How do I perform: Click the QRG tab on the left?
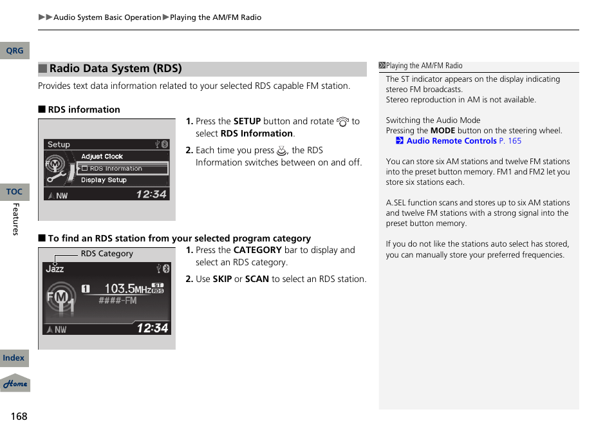14,51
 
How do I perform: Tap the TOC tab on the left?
14,192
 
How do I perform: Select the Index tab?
14,358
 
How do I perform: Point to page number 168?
19,416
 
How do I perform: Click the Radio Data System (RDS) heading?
116,68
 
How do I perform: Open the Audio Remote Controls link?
451,141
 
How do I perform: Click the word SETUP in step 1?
247,121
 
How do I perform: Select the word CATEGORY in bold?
257,250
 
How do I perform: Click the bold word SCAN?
257,279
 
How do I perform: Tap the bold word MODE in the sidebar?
442,131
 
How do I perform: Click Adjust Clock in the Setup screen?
102,156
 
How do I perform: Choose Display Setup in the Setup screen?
104,180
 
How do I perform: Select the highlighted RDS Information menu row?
122,169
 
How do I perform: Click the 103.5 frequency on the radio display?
120,289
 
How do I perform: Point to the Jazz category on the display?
55,269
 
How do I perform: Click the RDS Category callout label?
107,254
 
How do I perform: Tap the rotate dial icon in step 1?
342,122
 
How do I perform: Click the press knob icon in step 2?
281,151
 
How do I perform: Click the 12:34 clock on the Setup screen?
151,194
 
